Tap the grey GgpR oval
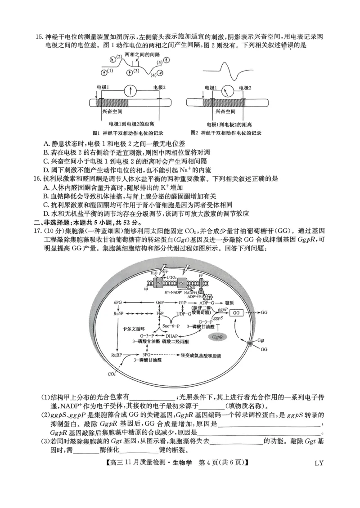218,336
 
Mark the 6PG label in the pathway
118,303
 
